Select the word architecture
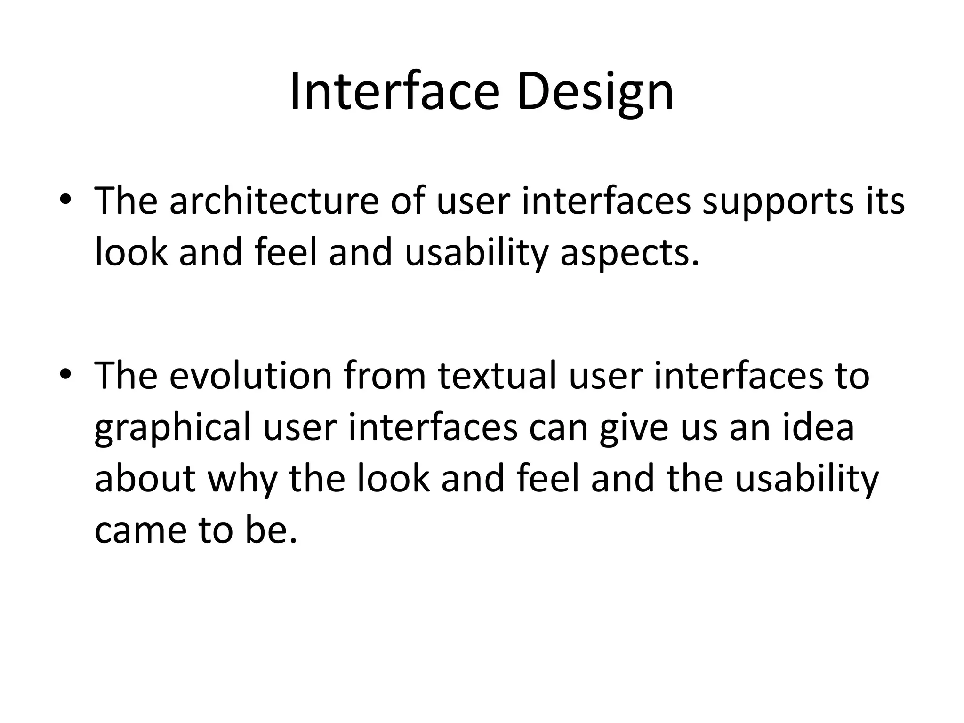(274, 201)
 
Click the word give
(634, 427)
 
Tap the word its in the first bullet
(889, 201)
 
